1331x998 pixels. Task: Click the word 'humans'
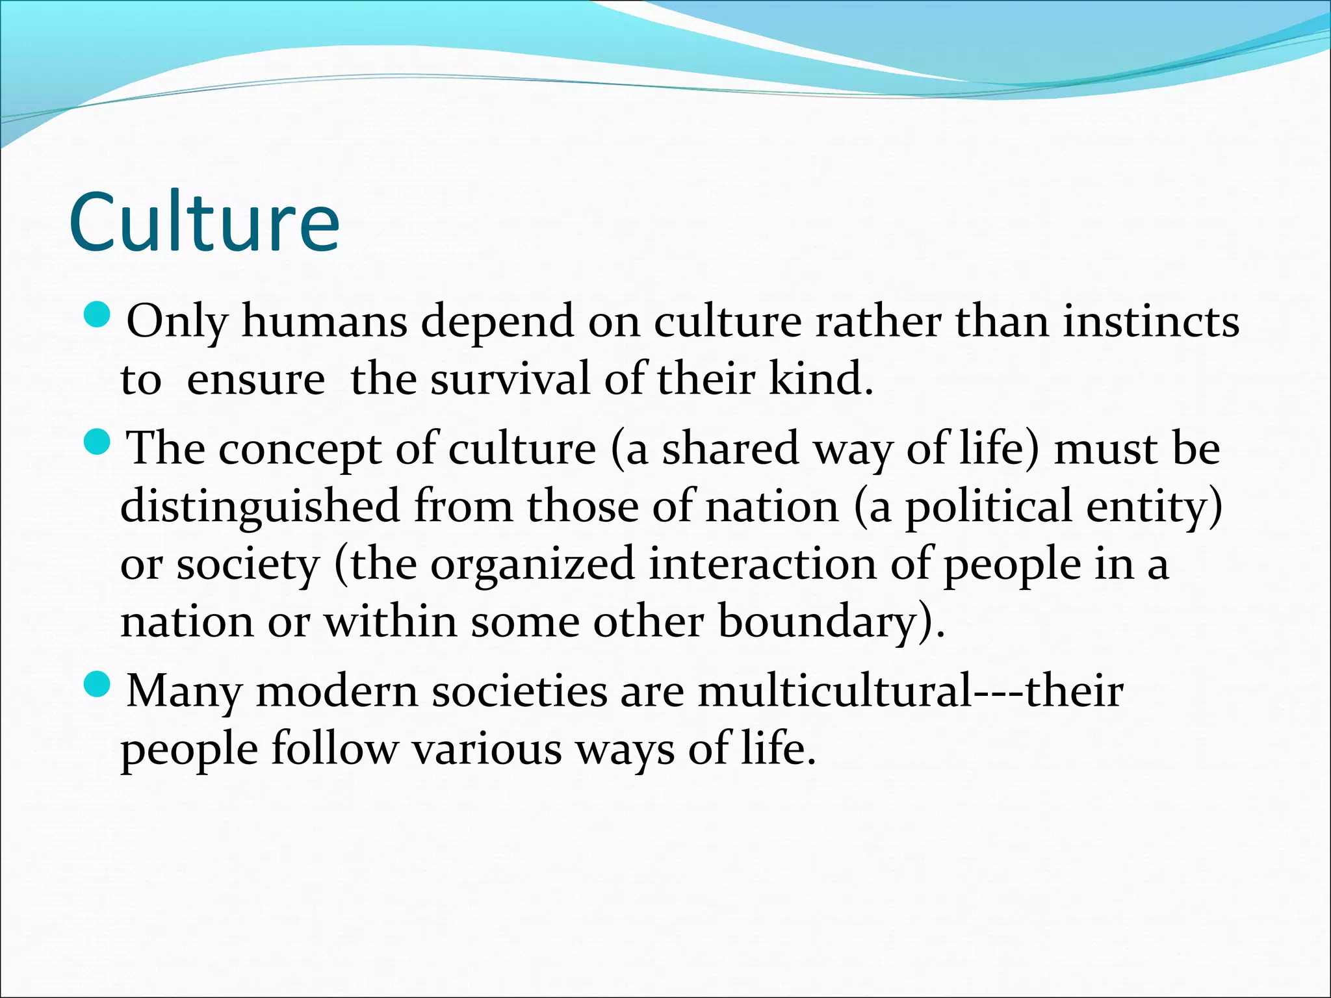point(324,321)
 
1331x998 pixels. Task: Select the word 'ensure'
point(255,379)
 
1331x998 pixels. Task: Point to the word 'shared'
point(730,448)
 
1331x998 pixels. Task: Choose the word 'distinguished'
point(260,507)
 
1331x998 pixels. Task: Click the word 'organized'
point(532,564)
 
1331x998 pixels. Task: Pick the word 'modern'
point(337,691)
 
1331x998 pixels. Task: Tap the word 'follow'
point(333,748)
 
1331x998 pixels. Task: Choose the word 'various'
point(487,748)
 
